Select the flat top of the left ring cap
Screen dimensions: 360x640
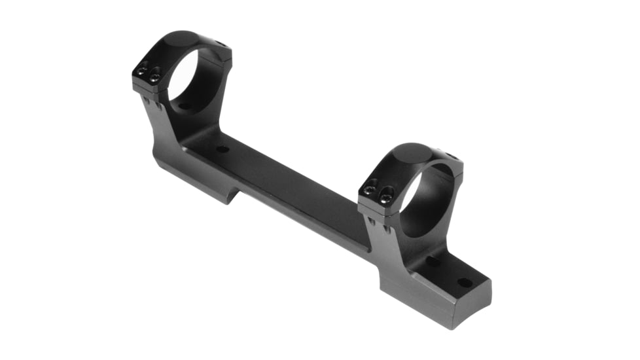coord(181,40)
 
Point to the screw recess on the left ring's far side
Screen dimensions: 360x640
coord(221,45)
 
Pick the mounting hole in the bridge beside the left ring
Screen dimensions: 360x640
coord(222,149)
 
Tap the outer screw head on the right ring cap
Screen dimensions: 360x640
coord(369,189)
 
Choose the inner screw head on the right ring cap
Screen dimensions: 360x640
coord(386,193)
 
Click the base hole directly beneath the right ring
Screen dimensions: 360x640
coord(433,261)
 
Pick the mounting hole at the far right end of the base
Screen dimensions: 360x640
coord(464,283)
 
